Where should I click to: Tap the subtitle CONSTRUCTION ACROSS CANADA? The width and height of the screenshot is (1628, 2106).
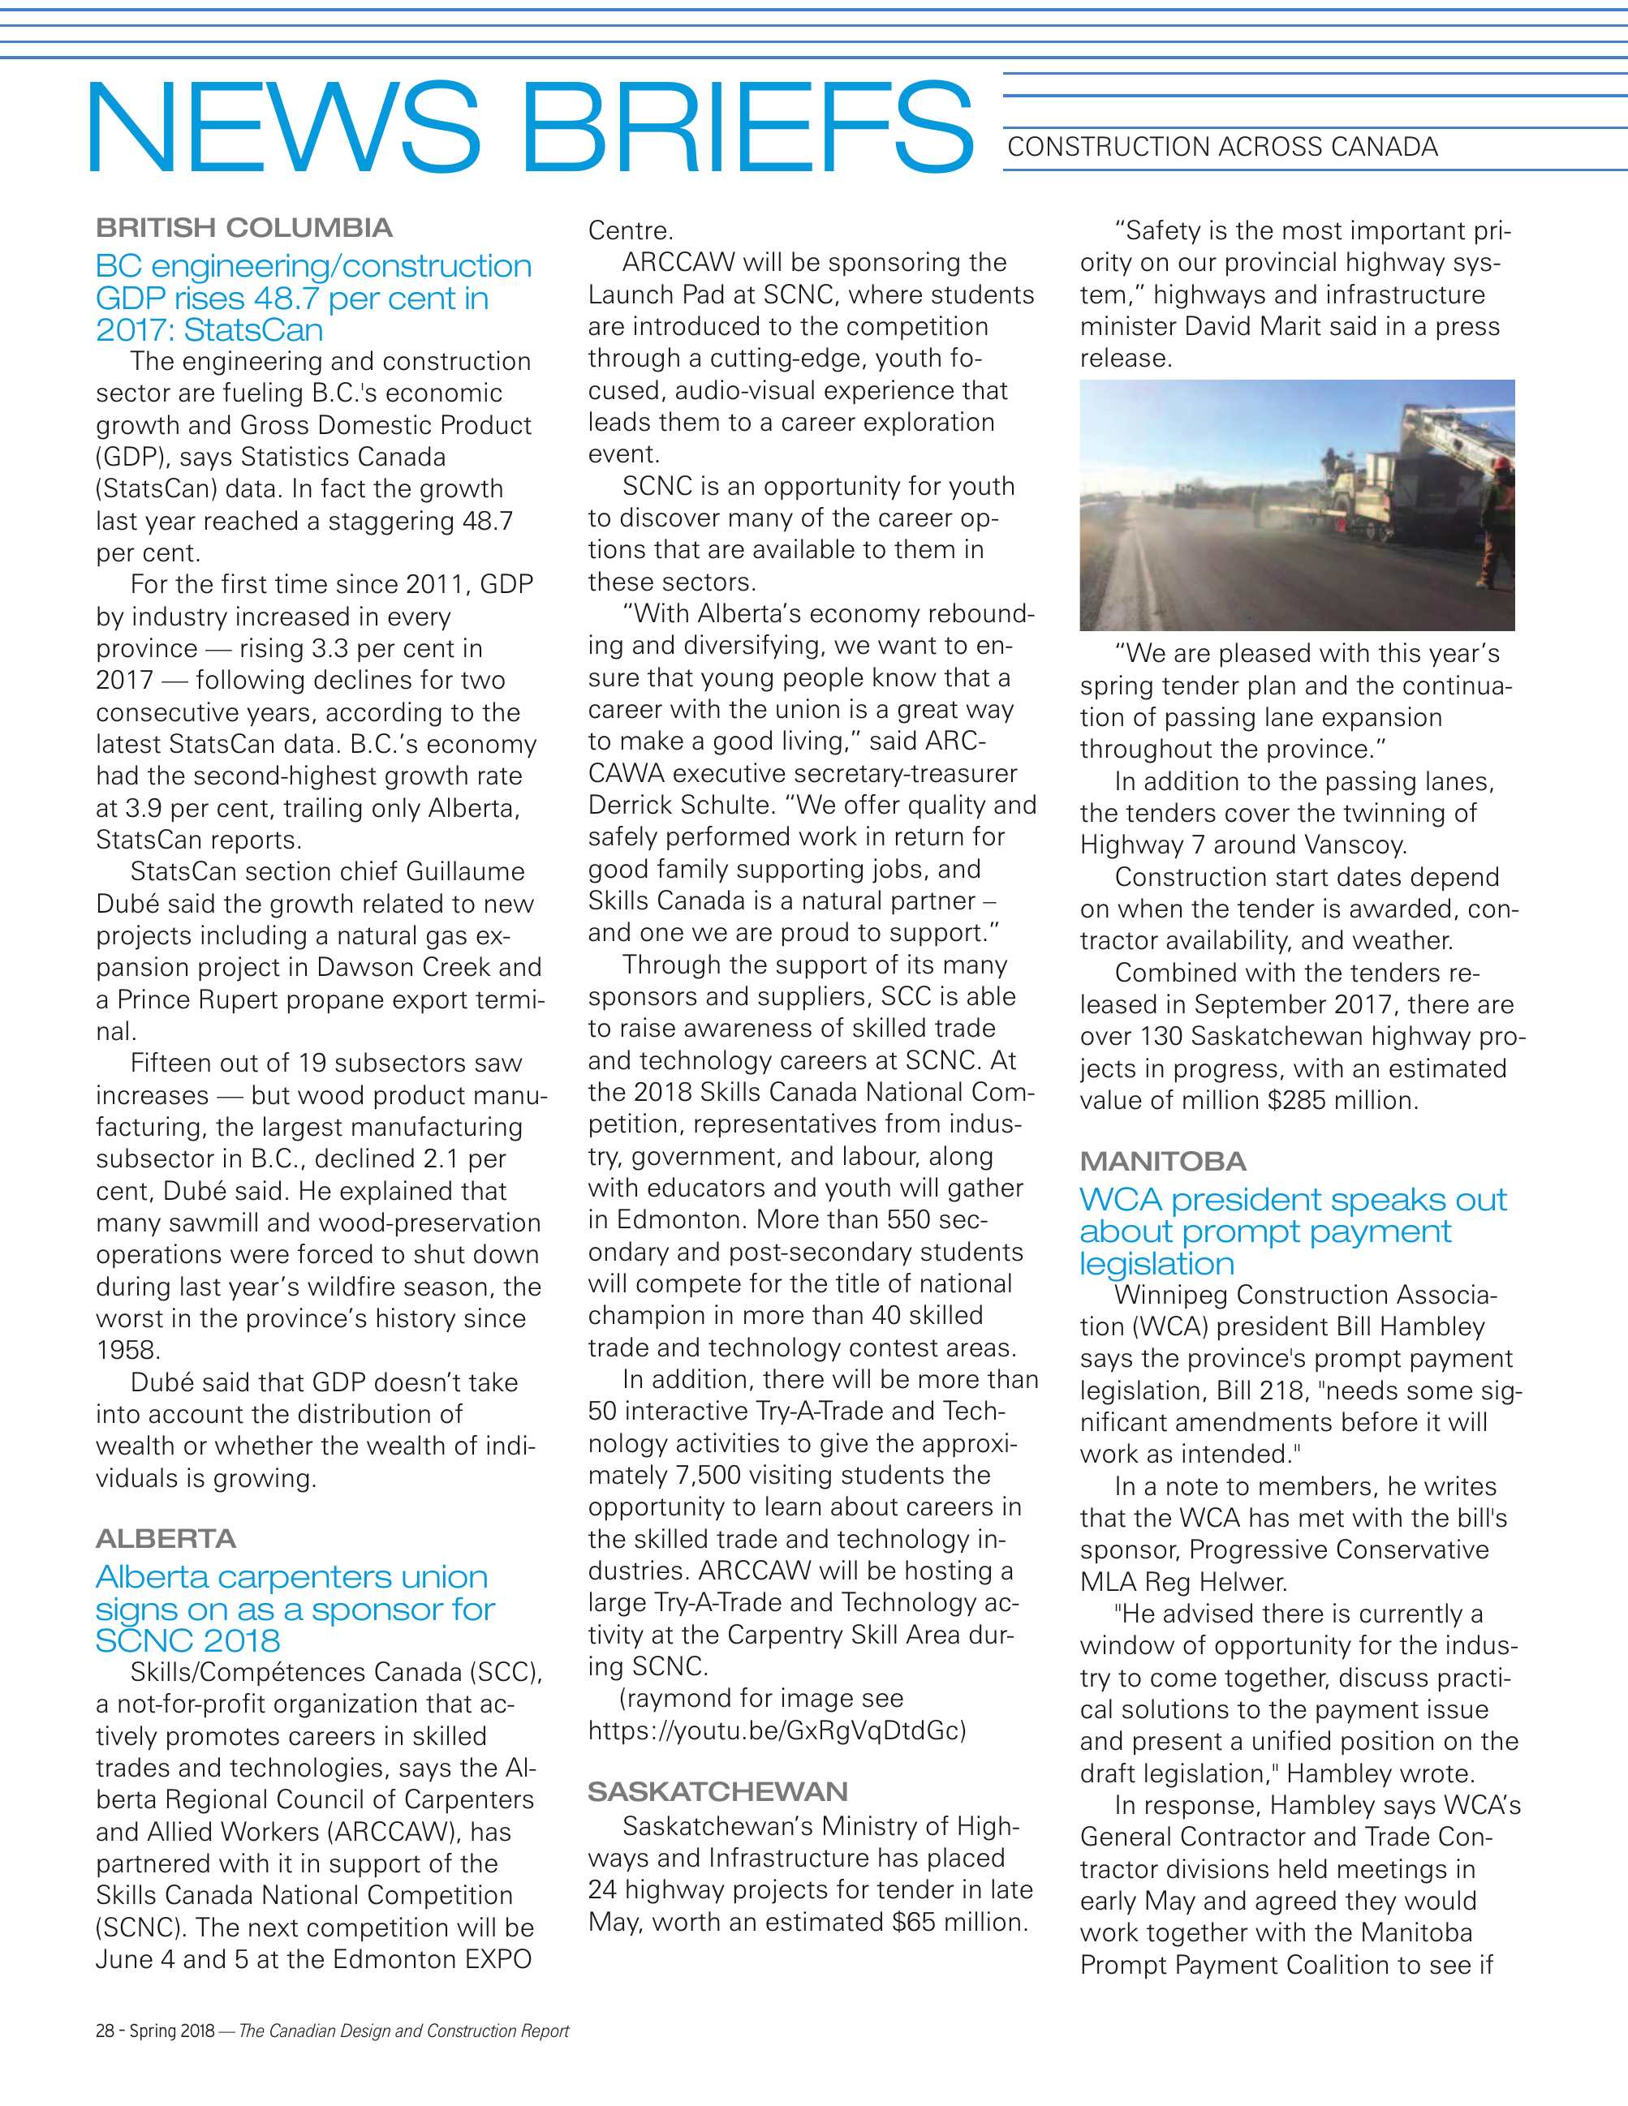point(1222,148)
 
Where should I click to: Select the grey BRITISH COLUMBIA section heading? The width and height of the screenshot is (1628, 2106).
point(244,229)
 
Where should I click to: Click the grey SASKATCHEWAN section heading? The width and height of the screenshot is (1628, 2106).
point(717,1792)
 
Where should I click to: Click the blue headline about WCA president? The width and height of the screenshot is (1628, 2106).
point(1291,1231)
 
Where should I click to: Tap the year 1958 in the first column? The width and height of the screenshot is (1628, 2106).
point(128,1350)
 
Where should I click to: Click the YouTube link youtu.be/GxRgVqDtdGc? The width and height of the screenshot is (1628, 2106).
point(777,1730)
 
